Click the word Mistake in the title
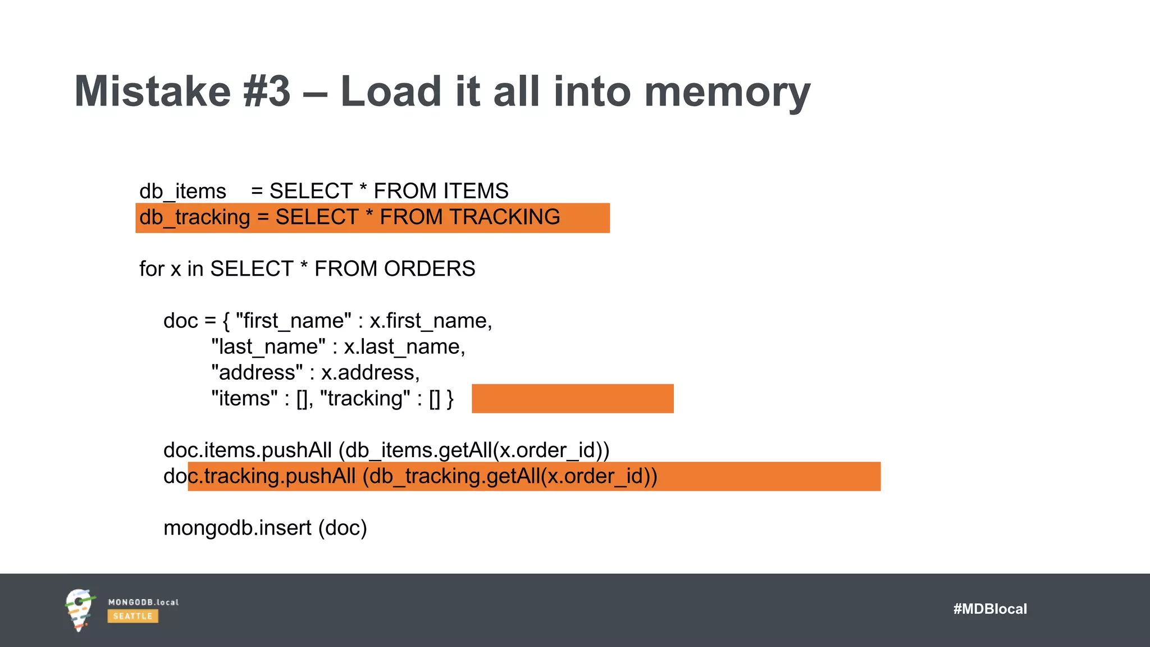coord(152,92)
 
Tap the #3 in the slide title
coord(267,92)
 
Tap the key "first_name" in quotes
coord(293,321)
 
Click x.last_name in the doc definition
coord(404,347)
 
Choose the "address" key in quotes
coord(257,373)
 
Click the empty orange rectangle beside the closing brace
coord(572,399)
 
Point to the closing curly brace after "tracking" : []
coord(450,399)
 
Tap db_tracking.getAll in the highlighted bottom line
coord(455,476)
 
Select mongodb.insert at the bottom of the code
coord(237,528)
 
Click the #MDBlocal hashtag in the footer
coord(989,609)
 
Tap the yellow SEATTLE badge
coord(133,616)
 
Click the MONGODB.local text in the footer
coord(143,602)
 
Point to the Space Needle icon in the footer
coord(79,610)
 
